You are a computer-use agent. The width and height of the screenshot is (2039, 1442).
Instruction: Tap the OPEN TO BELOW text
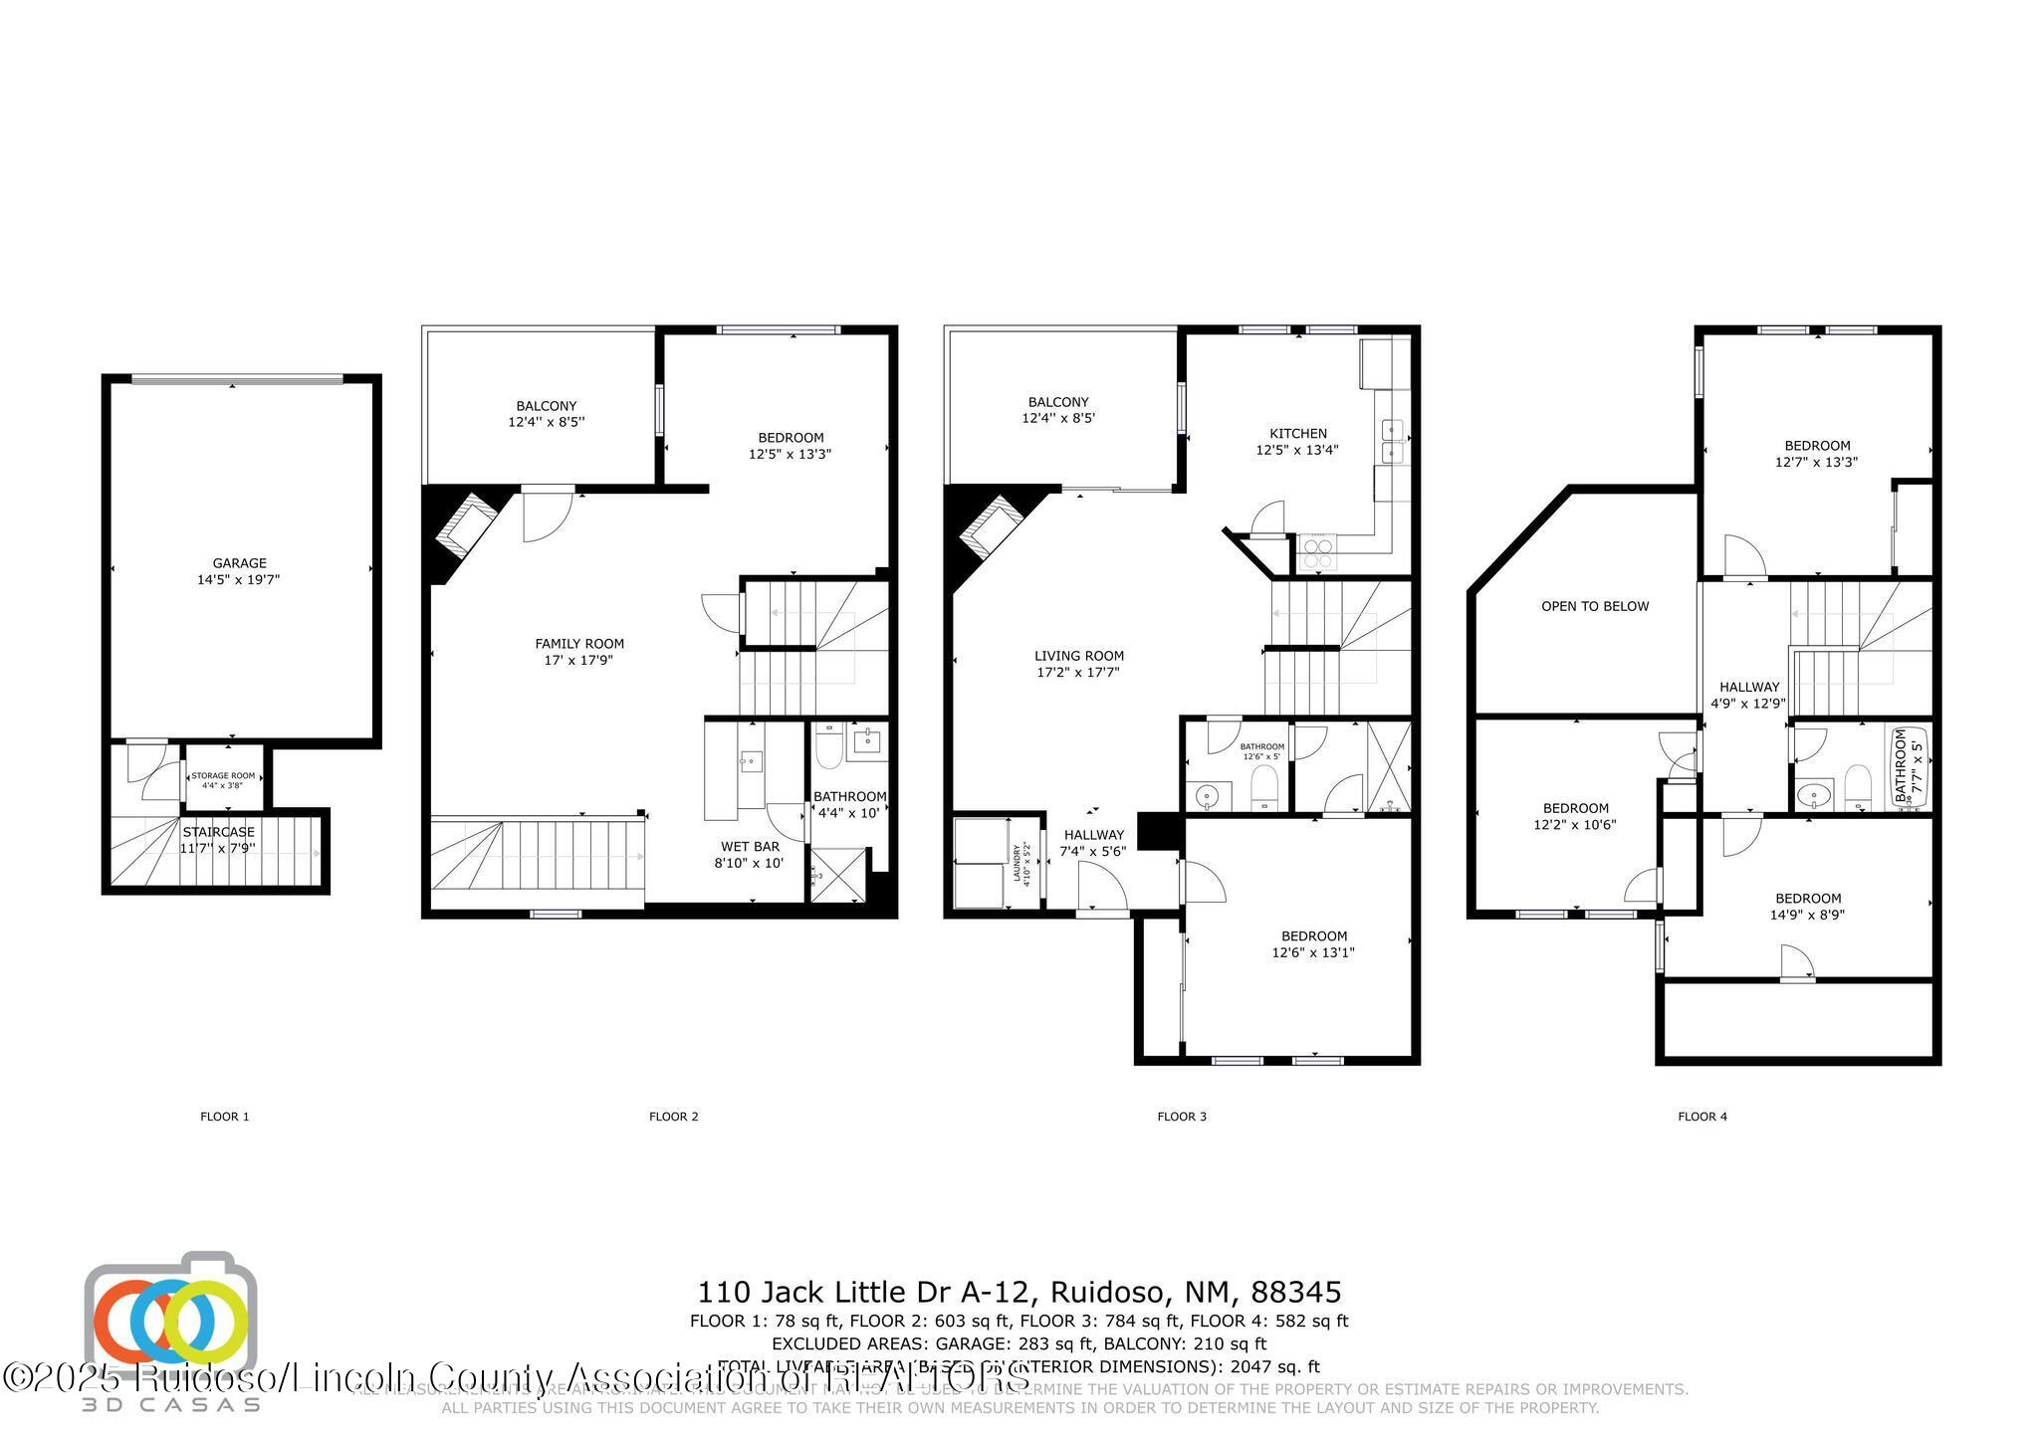[x=1595, y=606]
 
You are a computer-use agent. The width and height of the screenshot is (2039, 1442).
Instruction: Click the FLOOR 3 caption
[x=1181, y=1117]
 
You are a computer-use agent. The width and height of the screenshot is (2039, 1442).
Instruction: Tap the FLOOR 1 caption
[x=225, y=1117]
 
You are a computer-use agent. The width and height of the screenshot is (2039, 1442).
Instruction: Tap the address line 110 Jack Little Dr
[x=1019, y=1292]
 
